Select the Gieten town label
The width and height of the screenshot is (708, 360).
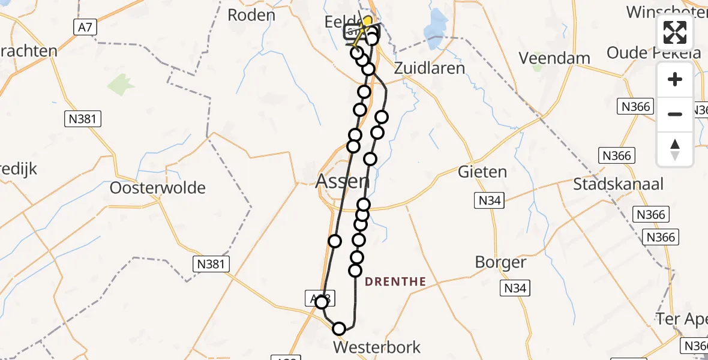[x=482, y=172]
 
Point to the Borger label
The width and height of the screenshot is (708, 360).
[x=500, y=262]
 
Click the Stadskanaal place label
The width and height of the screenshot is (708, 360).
[x=618, y=184]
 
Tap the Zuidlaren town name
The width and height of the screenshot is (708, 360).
[x=429, y=68]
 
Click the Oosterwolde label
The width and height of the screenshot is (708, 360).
[x=158, y=188]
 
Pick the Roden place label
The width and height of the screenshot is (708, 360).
[x=251, y=15]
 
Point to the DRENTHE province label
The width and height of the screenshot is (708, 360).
[x=395, y=281]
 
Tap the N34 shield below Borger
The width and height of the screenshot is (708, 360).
[x=515, y=289]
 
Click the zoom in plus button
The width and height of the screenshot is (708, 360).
[x=675, y=79]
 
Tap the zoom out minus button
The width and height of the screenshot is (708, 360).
[x=675, y=114]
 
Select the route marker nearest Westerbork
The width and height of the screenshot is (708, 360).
[x=339, y=328]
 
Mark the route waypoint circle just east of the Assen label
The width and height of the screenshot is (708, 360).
[x=363, y=205]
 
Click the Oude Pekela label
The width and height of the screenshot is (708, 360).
[x=653, y=53]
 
